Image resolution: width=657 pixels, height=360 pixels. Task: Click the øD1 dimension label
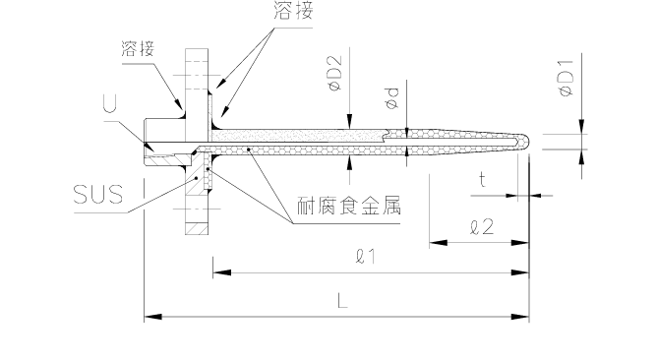(567, 78)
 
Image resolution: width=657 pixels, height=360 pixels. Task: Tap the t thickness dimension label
(482, 179)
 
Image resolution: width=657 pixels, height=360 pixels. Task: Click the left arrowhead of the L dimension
(150, 317)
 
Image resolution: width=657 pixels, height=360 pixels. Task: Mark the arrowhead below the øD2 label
(347, 120)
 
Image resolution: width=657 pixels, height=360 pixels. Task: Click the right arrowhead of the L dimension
(524, 317)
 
